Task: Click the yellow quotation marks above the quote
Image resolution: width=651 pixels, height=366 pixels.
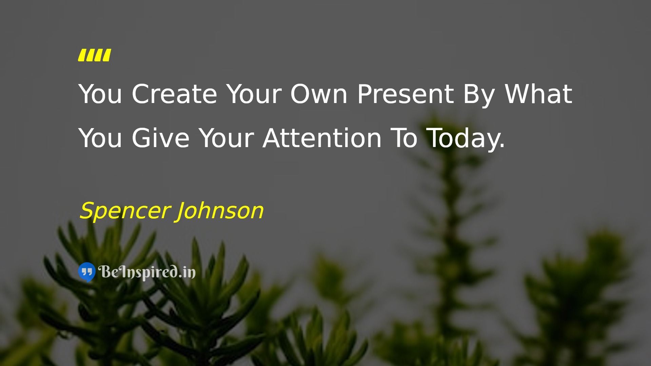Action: pos(95,55)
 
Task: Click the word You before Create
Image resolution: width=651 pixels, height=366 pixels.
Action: pos(100,94)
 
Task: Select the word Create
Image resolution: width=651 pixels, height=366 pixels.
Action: pos(174,94)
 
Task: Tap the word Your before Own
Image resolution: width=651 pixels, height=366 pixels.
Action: pos(254,94)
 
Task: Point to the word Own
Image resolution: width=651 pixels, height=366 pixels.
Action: pos(319,94)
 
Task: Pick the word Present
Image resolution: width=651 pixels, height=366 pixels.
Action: pos(406,94)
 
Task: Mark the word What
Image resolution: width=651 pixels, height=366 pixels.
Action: pos(538,94)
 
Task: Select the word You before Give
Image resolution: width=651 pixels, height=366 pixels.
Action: pos(100,138)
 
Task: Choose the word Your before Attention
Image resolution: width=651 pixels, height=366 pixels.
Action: pos(226,138)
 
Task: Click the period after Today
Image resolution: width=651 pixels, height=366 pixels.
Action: pos(502,146)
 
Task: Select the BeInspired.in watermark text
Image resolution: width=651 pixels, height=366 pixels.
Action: pos(147,272)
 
